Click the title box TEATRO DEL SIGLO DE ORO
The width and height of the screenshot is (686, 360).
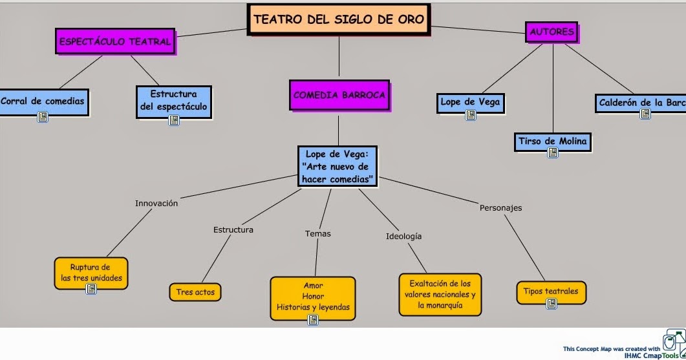(x=339, y=19)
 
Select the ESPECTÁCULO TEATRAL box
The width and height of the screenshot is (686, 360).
(x=115, y=42)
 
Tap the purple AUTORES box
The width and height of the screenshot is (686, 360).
(x=552, y=32)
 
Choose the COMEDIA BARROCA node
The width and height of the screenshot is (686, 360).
(x=339, y=95)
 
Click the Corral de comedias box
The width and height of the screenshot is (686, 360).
(x=42, y=101)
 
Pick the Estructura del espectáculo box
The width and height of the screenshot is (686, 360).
(x=173, y=100)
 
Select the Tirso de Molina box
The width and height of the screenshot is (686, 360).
(x=553, y=142)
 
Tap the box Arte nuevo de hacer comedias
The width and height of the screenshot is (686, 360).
(x=338, y=167)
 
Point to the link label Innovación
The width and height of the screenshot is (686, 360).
(x=156, y=203)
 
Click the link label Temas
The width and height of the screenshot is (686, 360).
(x=317, y=233)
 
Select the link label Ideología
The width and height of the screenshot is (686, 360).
(x=403, y=236)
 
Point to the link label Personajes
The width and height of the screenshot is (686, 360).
(x=500, y=207)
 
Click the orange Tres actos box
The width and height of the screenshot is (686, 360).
(x=195, y=292)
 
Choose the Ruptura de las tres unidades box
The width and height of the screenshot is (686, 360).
(x=91, y=272)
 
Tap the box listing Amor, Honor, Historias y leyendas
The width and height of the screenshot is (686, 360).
(x=313, y=297)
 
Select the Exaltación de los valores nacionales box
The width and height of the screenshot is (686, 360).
(x=440, y=294)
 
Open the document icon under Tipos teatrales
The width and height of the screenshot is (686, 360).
(x=552, y=304)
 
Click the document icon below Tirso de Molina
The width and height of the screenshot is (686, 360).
(x=553, y=153)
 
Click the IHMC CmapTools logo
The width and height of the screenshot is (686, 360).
(x=674, y=343)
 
